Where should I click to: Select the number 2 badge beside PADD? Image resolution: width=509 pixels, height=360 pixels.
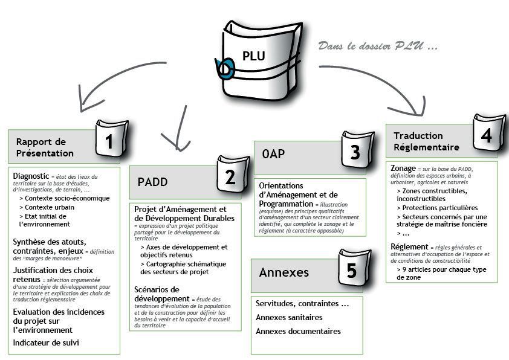point(230,176)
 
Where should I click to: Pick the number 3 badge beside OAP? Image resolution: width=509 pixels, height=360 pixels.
point(355,152)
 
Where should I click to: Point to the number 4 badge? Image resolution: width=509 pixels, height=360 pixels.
point(485,136)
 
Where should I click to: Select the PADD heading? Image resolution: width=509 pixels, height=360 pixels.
point(152,181)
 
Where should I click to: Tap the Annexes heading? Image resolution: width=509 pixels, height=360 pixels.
point(284,272)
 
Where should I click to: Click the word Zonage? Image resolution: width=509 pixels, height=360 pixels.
point(403,167)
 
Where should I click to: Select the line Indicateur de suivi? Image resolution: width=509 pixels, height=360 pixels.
point(46,342)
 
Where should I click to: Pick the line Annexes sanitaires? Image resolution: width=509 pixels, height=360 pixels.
point(289,317)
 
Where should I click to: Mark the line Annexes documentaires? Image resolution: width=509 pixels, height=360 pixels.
point(298,331)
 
